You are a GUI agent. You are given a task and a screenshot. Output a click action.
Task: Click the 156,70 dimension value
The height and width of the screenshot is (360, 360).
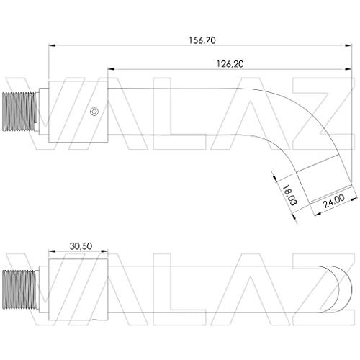point(202,40)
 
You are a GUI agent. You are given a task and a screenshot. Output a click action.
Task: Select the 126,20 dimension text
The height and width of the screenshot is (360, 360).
point(230,64)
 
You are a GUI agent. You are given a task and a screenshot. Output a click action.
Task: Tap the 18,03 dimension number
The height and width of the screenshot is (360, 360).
point(289,195)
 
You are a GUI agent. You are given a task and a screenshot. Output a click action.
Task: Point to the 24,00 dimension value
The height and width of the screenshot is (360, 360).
point(334,201)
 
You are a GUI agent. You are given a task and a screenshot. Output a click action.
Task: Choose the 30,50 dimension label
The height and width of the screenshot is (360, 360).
point(81,246)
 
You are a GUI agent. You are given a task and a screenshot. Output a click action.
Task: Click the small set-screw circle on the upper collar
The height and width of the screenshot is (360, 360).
point(94,112)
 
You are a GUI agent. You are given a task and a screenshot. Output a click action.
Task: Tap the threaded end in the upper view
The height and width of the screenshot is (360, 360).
point(20,112)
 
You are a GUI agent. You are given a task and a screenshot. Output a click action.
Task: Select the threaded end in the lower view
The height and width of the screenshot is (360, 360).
point(20,289)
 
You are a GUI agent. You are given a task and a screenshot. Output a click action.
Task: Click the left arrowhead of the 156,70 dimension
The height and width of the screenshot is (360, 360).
point(52,45)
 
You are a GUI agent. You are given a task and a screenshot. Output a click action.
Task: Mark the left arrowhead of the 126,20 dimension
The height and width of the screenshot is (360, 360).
point(111,69)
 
